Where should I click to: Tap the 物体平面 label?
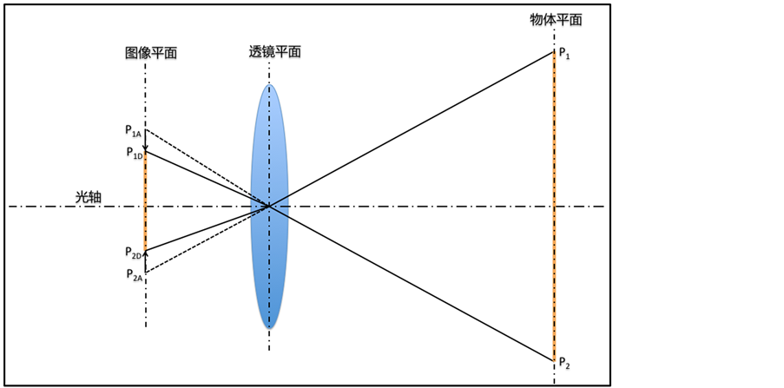pyautogui.click(x=556, y=19)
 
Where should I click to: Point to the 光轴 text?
pyautogui.click(x=88, y=198)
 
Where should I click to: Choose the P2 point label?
pyautogui.click(x=564, y=361)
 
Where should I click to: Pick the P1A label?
pyautogui.click(x=133, y=131)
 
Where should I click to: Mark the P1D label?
pyautogui.click(x=133, y=154)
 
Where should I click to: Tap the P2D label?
pyautogui.click(x=133, y=252)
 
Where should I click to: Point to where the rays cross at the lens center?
pyautogui.click(x=269, y=207)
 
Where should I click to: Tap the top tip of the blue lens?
pyautogui.click(x=269, y=85)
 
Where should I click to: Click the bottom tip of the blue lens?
pyautogui.click(x=269, y=328)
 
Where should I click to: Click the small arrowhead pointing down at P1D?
pyautogui.click(x=145, y=148)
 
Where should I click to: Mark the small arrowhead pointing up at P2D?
pyautogui.click(x=145, y=254)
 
